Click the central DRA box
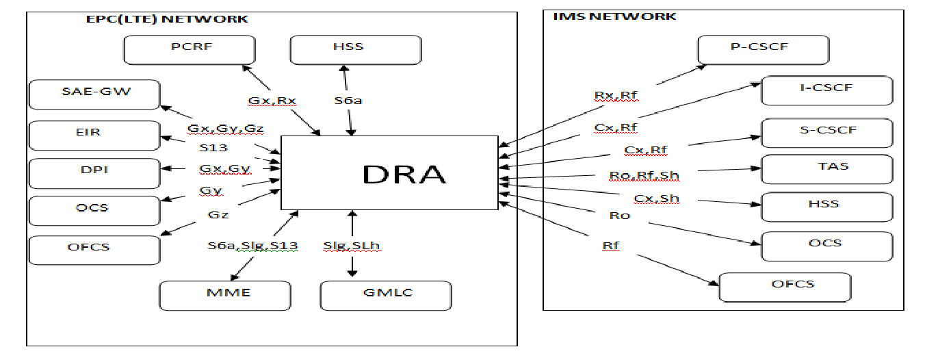coord(389,172)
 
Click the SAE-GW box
coord(94,94)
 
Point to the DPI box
coord(94,171)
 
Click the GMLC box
coord(386,294)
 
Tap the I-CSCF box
coord(826,89)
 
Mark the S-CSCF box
coord(826,131)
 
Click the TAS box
coord(826,168)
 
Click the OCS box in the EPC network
coord(94,209)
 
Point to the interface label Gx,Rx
coord(272,101)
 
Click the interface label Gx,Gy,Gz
coord(225,129)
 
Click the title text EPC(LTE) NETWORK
coord(164,19)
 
